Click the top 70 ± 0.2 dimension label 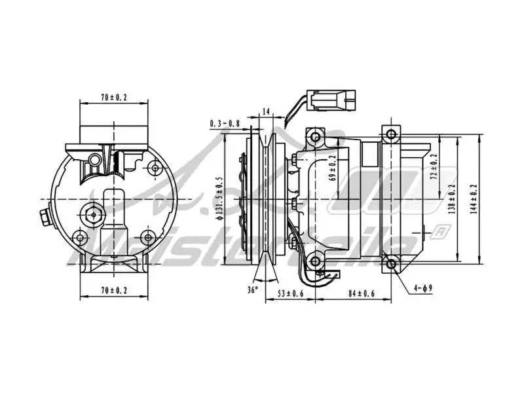(x=114, y=98)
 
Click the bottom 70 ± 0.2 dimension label (x=114, y=289)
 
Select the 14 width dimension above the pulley (x=265, y=112)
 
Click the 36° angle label (x=253, y=289)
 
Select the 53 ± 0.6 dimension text (x=290, y=294)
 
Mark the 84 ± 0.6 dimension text (x=362, y=294)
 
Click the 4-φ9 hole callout (x=422, y=287)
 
